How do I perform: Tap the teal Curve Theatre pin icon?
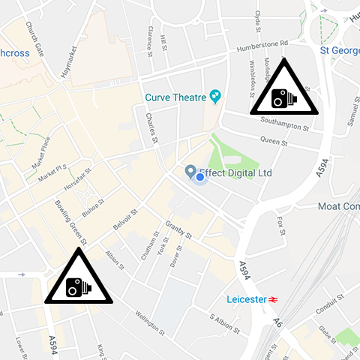(x=216, y=96)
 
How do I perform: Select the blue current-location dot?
(x=199, y=177)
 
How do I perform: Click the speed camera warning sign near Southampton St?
(x=283, y=94)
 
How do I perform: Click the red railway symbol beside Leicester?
(x=274, y=299)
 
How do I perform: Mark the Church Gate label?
(x=35, y=38)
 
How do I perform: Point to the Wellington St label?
(x=146, y=323)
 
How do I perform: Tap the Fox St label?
(x=280, y=226)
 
